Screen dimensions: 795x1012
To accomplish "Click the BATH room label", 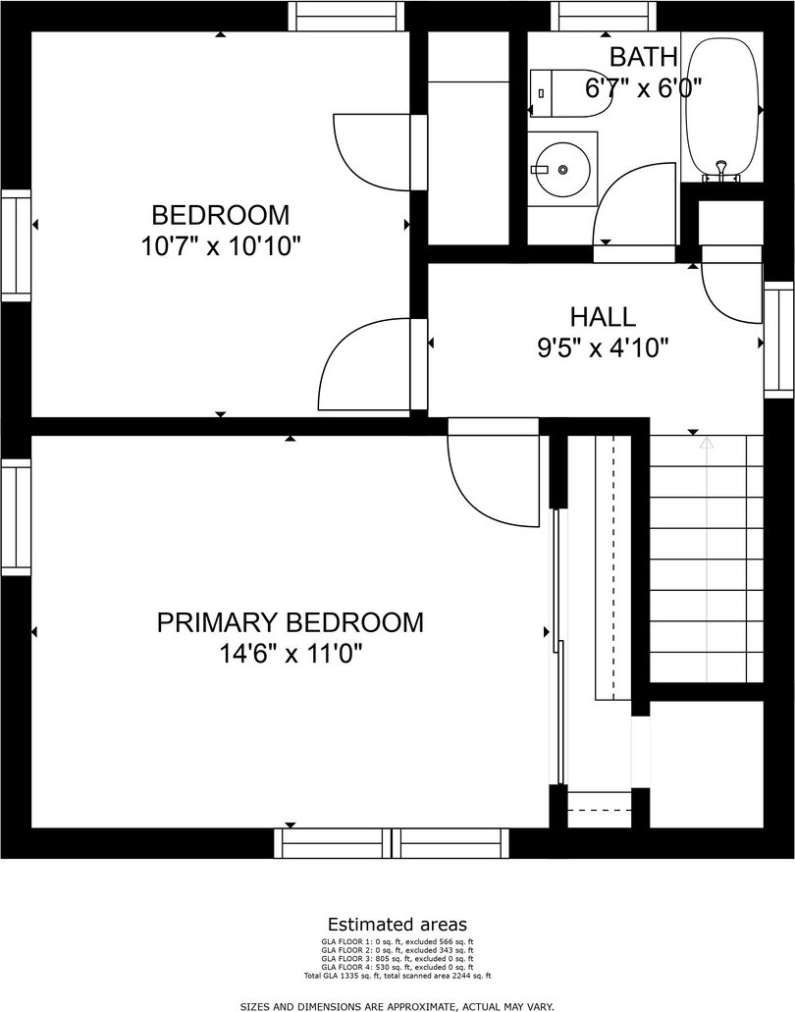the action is [643, 57].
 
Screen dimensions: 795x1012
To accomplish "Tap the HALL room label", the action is [603, 317].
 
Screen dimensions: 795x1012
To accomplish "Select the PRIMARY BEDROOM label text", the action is [291, 623].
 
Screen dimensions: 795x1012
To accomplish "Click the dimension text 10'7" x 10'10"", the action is [222, 246].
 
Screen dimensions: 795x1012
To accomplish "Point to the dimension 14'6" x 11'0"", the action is [291, 655].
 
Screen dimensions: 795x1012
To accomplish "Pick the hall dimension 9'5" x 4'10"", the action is [603, 349].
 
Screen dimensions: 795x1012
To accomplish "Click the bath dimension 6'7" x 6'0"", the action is [643, 87].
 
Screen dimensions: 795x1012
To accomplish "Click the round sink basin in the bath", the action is [562, 169].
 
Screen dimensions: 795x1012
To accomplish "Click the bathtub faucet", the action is [722, 171].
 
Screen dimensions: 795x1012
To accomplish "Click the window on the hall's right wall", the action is [779, 341].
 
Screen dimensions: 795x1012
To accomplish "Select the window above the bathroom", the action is [604, 16].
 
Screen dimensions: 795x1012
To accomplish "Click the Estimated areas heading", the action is [397, 925].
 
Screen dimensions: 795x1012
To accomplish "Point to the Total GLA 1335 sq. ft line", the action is [397, 976].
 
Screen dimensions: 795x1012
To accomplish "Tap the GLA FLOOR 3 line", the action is [397, 958].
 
